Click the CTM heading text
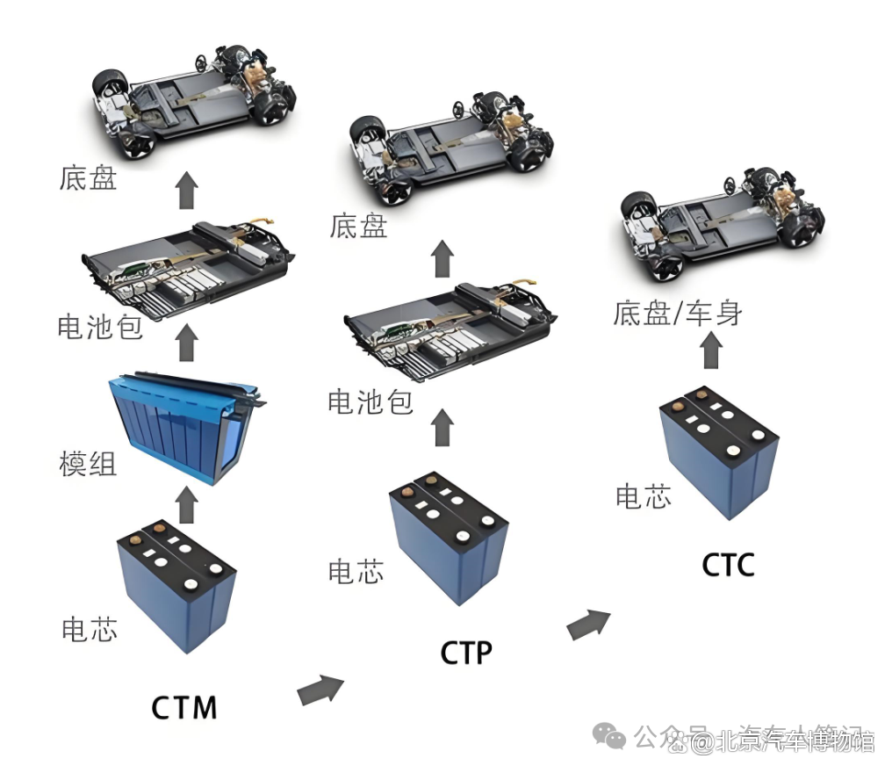pyautogui.click(x=184, y=707)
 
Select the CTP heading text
pyautogui.click(x=466, y=654)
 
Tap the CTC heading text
pyautogui.click(x=728, y=565)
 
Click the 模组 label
pyautogui.click(x=88, y=464)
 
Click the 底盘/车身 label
pyautogui.click(x=677, y=314)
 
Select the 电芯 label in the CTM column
pyautogui.click(x=89, y=629)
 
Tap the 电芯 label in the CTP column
pyautogui.click(x=356, y=572)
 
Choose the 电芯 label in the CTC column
pyautogui.click(x=643, y=496)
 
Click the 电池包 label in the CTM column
pyautogui.click(x=99, y=327)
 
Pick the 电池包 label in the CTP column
pyautogui.click(x=370, y=402)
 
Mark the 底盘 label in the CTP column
pyautogui.click(x=358, y=227)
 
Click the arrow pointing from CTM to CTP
pyautogui.click(x=321, y=690)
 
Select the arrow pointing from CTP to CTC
pyautogui.click(x=588, y=625)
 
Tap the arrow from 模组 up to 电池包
pyautogui.click(x=185, y=343)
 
